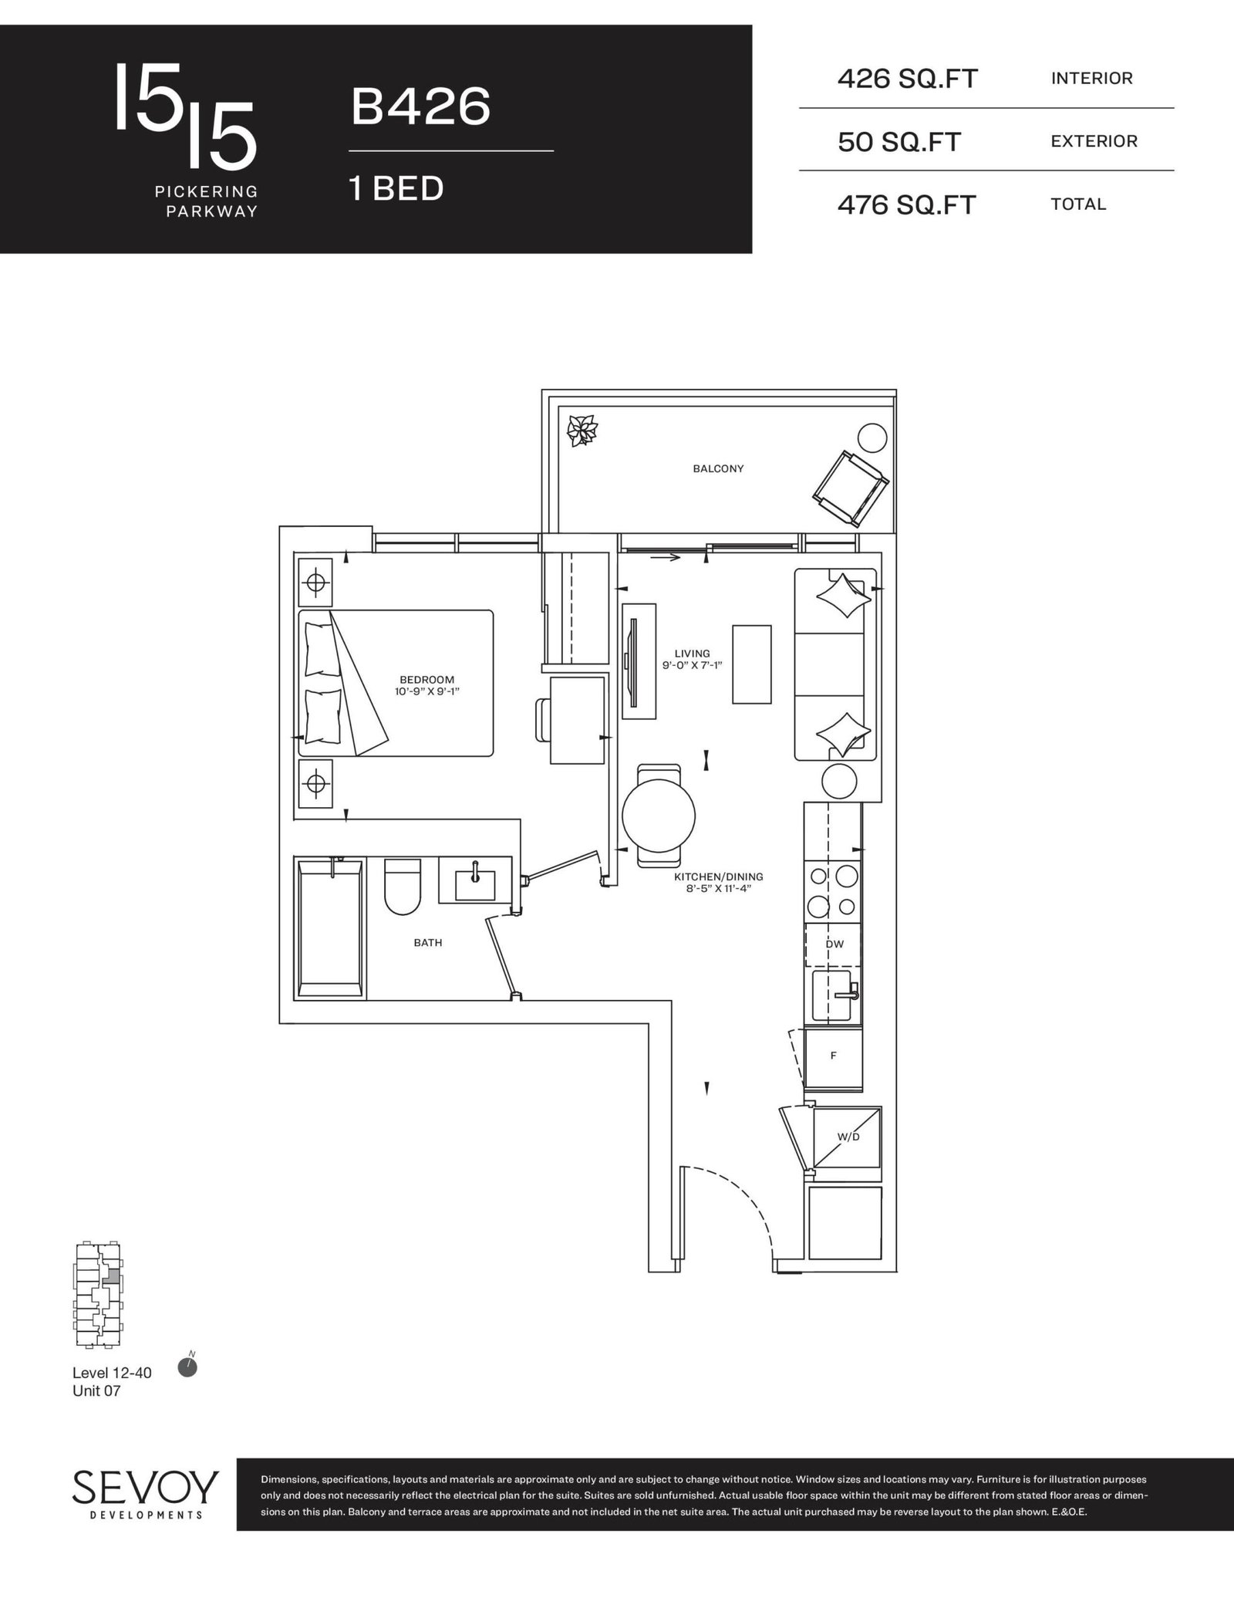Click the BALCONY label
pyautogui.click(x=718, y=468)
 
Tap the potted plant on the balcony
pyautogui.click(x=582, y=431)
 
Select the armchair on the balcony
pyautogui.click(x=850, y=489)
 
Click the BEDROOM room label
pyautogui.click(x=427, y=680)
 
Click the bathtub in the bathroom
pyautogui.click(x=330, y=928)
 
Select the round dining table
pyautogui.click(x=659, y=816)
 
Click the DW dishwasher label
pyautogui.click(x=834, y=944)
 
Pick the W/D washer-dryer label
pyautogui.click(x=848, y=1137)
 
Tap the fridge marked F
pyautogui.click(x=833, y=1056)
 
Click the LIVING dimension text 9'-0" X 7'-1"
pyautogui.click(x=692, y=665)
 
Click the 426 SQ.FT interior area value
pyautogui.click(x=908, y=79)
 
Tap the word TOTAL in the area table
pyautogui.click(x=1078, y=204)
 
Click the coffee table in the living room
pyautogui.click(x=751, y=664)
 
